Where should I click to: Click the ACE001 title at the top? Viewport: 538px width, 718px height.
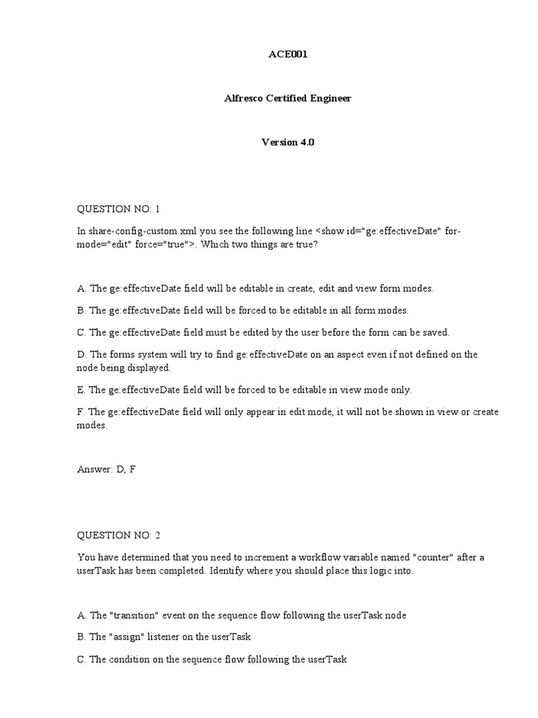288,55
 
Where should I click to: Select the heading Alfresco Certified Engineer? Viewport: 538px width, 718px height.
288,98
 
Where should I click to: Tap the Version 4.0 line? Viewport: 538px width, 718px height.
288,142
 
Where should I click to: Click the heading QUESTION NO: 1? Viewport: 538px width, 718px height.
118,208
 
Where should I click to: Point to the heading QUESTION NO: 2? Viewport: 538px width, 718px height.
118,535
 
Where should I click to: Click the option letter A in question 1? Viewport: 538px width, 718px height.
81,288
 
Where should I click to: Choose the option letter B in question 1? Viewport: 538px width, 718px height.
81,310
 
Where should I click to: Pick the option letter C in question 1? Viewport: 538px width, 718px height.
81,332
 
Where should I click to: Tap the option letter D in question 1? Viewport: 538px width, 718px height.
81,354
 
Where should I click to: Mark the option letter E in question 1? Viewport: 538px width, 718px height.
81,390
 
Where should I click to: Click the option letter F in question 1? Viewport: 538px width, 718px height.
80,412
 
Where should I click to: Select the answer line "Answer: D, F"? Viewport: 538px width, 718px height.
106,469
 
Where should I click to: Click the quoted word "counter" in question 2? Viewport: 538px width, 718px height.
434,557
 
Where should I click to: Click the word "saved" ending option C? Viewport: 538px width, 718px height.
434,332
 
